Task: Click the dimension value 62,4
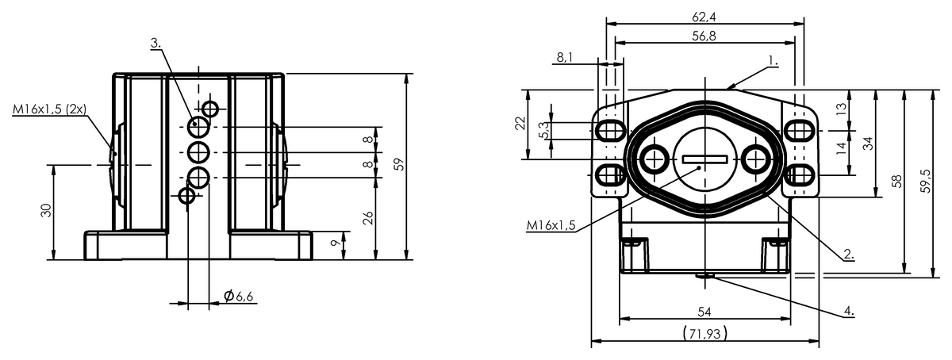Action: click(704, 17)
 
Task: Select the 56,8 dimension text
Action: click(704, 36)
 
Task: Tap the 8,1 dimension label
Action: click(564, 57)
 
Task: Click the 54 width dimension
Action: click(704, 312)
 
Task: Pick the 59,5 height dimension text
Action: click(925, 181)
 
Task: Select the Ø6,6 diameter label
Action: click(239, 296)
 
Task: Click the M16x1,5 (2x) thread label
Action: click(49, 109)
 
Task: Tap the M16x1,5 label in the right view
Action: click(551, 225)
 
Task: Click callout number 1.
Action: click(773, 61)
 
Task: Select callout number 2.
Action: click(849, 255)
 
